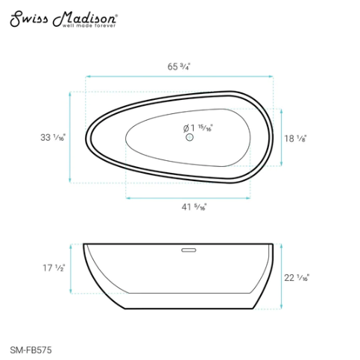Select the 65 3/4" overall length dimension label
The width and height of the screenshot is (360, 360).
[180, 66]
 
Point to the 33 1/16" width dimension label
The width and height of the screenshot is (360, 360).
[53, 138]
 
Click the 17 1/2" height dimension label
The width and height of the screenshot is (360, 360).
[54, 267]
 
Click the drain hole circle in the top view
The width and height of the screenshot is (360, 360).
[189, 138]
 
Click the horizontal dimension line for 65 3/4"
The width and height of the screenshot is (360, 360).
[180, 76]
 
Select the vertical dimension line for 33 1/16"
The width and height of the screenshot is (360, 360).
[71, 138]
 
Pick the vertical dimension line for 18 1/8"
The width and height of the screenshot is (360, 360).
[282, 138]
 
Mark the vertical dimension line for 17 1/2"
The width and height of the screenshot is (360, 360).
[71, 267]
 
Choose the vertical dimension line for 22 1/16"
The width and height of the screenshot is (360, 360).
[282, 276]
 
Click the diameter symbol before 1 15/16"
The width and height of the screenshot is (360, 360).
[187, 128]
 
